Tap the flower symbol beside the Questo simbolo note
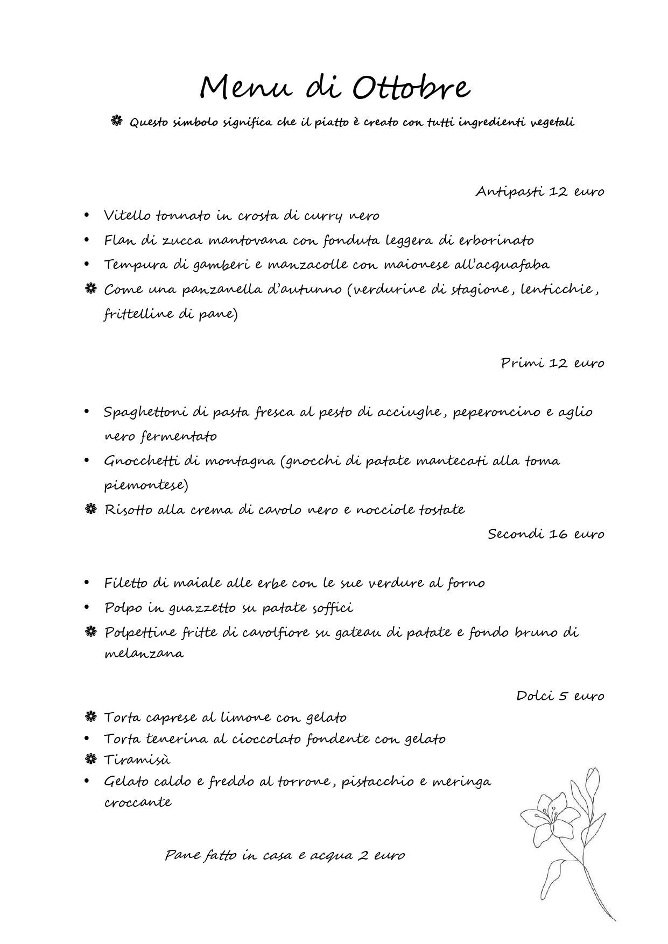coord(117,122)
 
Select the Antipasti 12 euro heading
coord(539,191)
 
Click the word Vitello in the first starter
coord(127,216)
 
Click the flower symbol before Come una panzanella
coord(90,289)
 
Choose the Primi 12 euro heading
coord(552,363)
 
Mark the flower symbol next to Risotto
coord(90,509)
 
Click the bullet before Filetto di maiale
coord(87,583)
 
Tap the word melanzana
coord(144,654)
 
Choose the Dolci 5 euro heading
coord(560,696)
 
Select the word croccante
coord(138,802)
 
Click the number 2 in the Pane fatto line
coord(363,855)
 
